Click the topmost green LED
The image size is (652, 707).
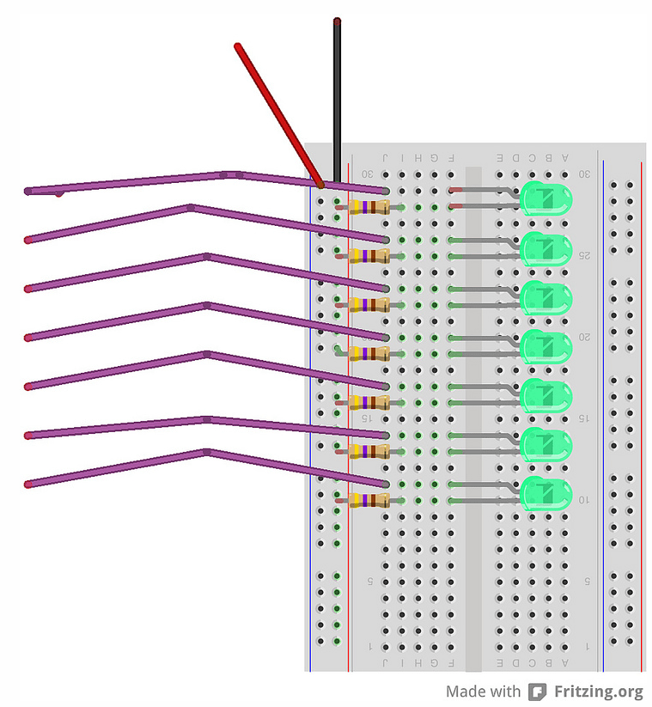(x=546, y=199)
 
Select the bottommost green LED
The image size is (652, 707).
(x=546, y=494)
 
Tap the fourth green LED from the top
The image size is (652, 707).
(x=546, y=346)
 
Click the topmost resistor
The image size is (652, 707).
(x=369, y=207)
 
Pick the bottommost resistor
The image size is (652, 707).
(x=369, y=500)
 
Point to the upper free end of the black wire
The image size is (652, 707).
(x=337, y=21)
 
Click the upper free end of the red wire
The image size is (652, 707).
(x=238, y=46)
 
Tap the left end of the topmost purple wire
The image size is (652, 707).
(x=28, y=191)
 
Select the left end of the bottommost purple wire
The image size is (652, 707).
(x=28, y=485)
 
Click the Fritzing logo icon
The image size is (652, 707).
(x=538, y=692)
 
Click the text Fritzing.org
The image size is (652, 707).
(x=598, y=692)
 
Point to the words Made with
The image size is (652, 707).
(x=483, y=692)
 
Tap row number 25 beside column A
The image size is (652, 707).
(x=584, y=255)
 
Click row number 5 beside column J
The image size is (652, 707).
(x=370, y=582)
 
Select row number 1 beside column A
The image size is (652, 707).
(x=587, y=646)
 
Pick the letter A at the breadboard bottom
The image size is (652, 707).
(x=564, y=662)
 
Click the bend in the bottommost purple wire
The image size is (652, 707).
(x=206, y=451)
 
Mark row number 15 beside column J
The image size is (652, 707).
(x=366, y=418)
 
